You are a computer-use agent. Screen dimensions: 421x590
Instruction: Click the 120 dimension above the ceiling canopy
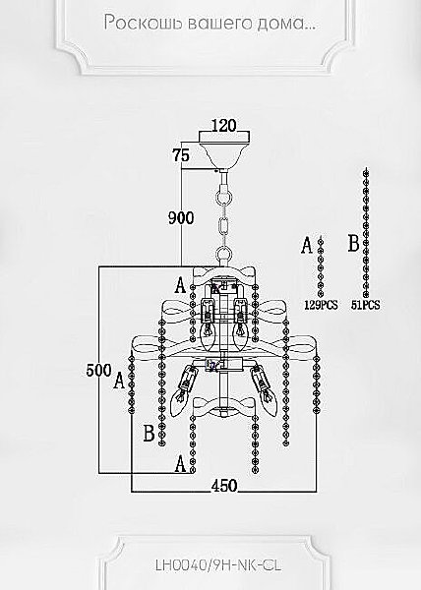(223, 125)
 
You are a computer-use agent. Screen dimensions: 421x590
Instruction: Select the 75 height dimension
(181, 155)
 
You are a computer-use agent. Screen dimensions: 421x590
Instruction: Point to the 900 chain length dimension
(181, 218)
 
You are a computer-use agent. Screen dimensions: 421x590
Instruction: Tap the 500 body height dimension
(99, 370)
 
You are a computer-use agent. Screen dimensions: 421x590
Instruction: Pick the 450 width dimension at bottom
(224, 486)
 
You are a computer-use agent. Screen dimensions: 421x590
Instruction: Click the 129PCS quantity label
(321, 305)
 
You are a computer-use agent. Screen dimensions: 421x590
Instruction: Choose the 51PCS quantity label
(365, 305)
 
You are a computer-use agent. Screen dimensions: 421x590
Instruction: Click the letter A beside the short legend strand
(307, 245)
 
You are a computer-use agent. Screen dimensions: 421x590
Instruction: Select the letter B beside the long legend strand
(354, 243)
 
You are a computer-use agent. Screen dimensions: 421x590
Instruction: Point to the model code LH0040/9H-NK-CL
(218, 564)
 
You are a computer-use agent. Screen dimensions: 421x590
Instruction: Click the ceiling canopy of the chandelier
(224, 150)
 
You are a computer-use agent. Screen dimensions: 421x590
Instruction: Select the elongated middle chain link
(224, 226)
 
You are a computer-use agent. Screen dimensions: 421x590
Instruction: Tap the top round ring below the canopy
(223, 198)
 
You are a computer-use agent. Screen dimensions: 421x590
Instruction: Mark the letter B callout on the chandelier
(149, 433)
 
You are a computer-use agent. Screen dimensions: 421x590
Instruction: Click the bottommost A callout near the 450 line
(181, 463)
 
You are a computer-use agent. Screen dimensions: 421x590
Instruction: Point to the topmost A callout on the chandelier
(181, 285)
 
